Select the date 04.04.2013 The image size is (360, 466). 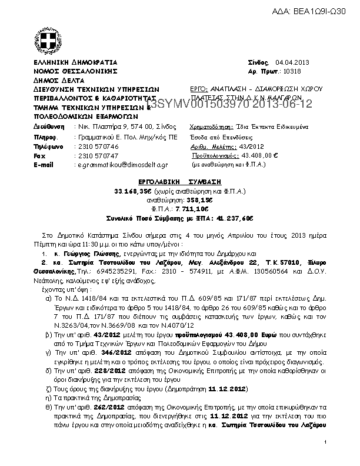(x=288, y=62)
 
